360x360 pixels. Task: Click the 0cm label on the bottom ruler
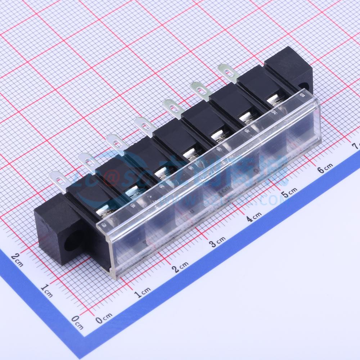coord(104,317)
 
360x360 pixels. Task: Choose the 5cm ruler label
coord(290,193)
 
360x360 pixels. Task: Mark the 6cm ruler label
coord(325,168)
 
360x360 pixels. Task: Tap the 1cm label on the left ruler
coord(47,290)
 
